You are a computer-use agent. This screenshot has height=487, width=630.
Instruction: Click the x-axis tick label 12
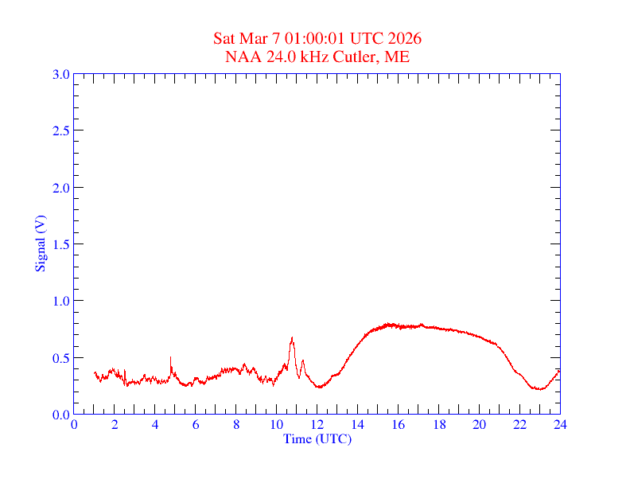pos(317,424)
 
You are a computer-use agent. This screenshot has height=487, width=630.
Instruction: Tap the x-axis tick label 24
pos(560,424)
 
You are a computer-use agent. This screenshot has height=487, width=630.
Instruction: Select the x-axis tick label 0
pos(75,424)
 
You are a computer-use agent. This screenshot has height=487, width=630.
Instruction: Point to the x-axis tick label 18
pos(438,424)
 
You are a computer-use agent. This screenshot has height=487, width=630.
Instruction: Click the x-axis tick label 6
pos(196,424)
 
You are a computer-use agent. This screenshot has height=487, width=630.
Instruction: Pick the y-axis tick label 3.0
pos(60,74)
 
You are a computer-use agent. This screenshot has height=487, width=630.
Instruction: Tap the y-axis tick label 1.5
pos(60,244)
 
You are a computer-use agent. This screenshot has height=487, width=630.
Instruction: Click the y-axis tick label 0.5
pos(60,358)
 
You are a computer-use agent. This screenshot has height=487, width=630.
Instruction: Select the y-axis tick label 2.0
pos(60,188)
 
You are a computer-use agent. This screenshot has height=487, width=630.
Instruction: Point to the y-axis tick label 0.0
pos(60,415)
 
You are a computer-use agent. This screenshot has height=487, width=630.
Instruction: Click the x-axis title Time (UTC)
pos(317,438)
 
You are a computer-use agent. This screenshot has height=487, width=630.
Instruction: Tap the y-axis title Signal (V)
pos(40,243)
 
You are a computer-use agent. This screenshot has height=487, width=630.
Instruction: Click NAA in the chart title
pos(240,56)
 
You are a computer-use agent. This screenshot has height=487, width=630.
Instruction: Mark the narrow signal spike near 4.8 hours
pos(171,357)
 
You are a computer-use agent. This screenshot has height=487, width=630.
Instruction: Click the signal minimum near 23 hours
pos(539,389)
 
